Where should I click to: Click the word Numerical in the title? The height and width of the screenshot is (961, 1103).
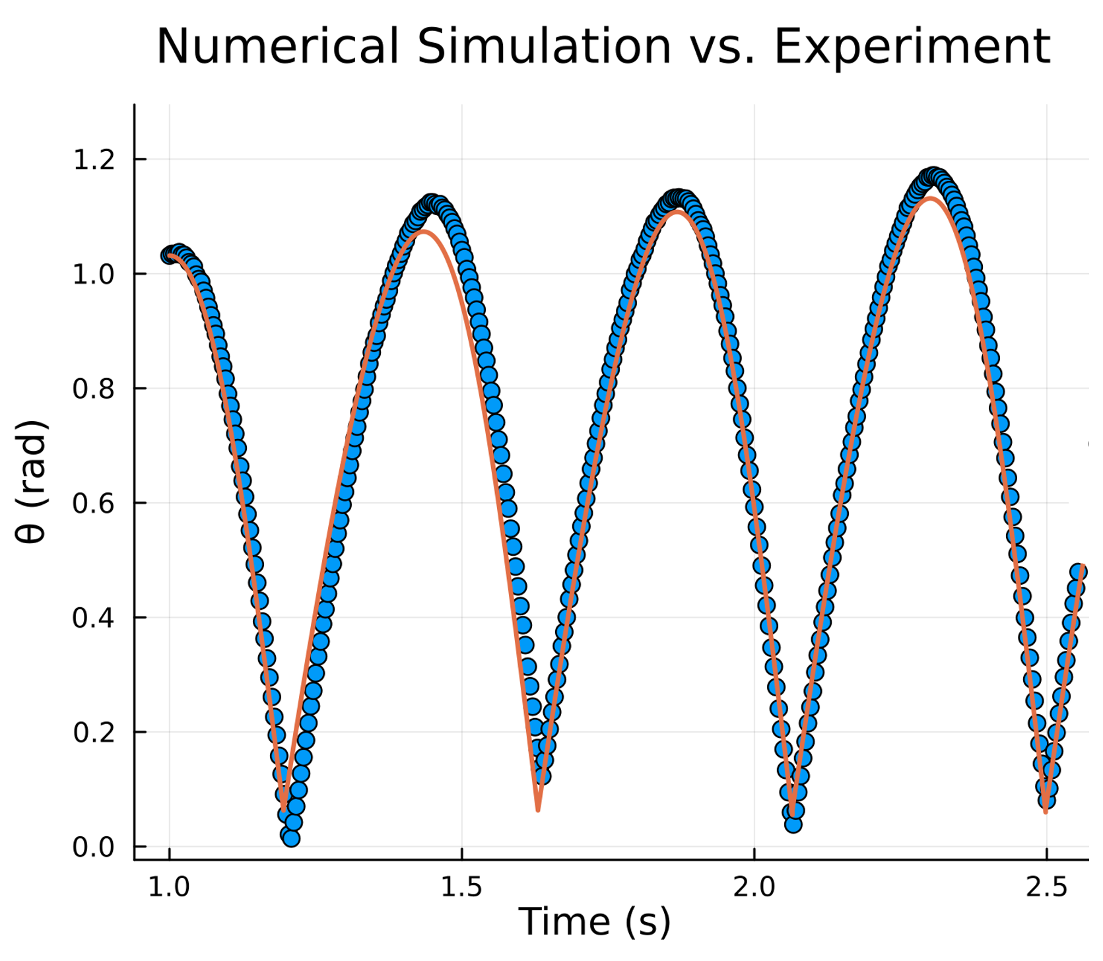(x=277, y=46)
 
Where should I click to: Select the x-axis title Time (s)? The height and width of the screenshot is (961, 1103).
(x=594, y=922)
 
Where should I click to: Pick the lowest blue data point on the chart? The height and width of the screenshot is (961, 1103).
(x=291, y=838)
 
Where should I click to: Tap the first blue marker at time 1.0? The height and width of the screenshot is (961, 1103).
(x=170, y=255)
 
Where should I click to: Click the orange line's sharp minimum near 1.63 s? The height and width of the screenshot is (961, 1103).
(x=538, y=809)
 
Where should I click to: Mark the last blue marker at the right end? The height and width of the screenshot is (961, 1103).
(x=1078, y=572)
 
